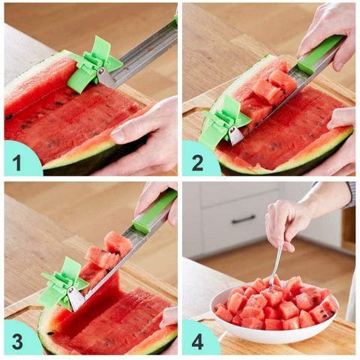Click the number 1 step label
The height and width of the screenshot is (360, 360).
coord(17,162)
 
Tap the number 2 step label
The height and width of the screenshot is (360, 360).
coord(197,163)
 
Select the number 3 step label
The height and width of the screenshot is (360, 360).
coord(17,341)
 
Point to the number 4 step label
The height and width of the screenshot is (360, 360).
coord(197,341)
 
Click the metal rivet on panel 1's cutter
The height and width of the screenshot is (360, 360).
coord(101,72)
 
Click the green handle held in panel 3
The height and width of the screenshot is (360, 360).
coord(154,209)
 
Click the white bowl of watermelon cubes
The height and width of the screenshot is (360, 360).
coord(274,317)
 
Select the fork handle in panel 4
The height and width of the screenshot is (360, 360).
coord(277,265)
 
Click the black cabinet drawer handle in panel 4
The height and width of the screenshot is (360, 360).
coord(244,220)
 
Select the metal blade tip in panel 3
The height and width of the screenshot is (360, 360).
coord(76,299)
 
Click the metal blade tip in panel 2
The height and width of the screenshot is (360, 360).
coord(236,136)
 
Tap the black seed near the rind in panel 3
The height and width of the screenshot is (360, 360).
coord(51,333)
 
